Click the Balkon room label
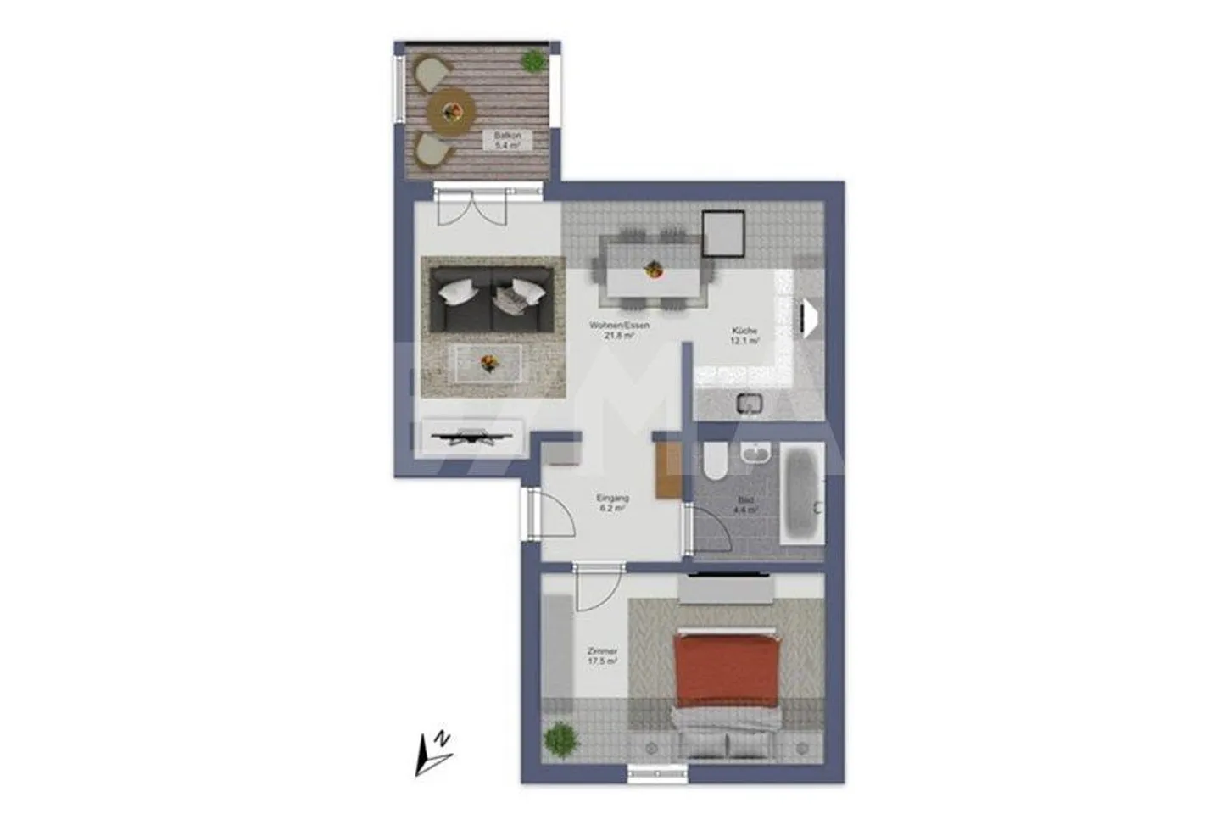coord(507,140)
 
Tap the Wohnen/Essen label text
coord(619,330)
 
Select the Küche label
coord(744,336)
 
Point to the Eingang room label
coord(612,504)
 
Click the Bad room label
coord(745,505)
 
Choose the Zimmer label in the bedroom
coord(602,655)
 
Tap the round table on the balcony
coord(451,110)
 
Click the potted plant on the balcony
coord(533,61)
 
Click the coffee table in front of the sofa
coord(488,365)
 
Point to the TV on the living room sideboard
coord(471,438)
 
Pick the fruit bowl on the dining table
coord(653,270)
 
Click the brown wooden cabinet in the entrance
coord(667,470)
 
